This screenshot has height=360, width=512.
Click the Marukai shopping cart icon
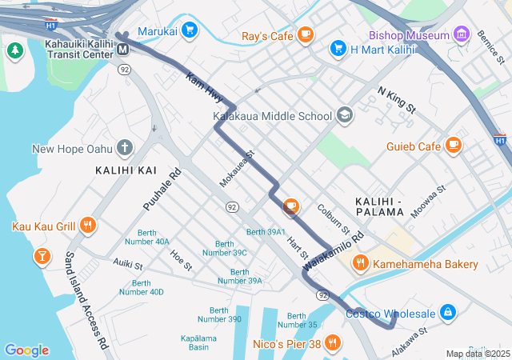coord(189,31)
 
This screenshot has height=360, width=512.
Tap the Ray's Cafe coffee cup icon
coord(305,34)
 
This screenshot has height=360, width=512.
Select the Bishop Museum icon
coord(461,34)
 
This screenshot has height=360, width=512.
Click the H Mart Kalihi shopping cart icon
coord(338,49)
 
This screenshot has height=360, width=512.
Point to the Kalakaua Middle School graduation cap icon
coord(345,115)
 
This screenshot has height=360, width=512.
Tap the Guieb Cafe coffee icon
coord(454,145)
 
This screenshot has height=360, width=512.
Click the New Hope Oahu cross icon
coord(124,147)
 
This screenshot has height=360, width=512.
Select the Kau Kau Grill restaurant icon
coord(88,226)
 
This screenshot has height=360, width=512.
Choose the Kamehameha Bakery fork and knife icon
coord(360,263)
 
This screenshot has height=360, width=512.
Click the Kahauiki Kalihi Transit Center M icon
coord(123,50)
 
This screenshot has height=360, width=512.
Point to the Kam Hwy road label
coord(203,87)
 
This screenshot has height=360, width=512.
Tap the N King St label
coord(398,101)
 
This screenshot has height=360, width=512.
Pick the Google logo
coord(26,350)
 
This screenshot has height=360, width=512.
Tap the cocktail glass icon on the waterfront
coord(41,256)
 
